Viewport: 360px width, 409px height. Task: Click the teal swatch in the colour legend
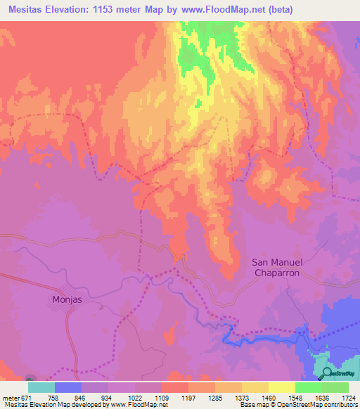(41, 387)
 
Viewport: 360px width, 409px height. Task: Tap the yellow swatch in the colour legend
(281, 387)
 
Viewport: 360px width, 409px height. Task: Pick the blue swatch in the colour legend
(68, 387)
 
